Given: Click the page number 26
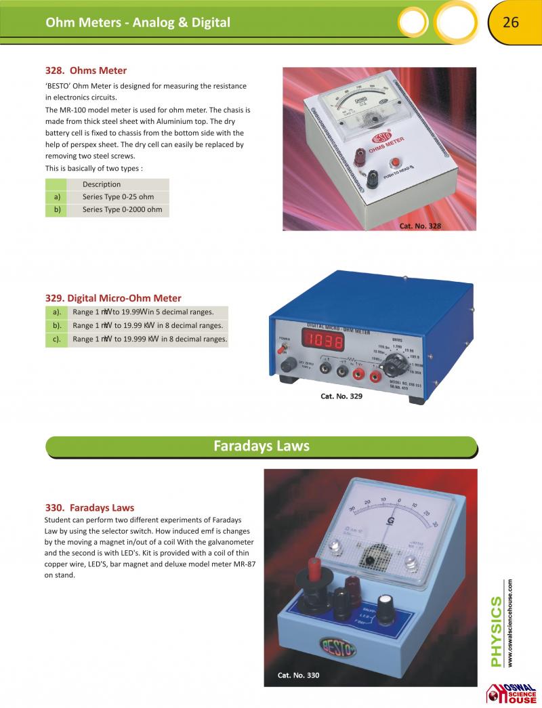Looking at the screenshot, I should [x=510, y=22].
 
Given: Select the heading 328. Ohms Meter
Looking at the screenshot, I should [x=86, y=70].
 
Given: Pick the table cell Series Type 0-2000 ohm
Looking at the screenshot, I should [x=122, y=210].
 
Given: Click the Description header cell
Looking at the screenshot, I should [x=102, y=184].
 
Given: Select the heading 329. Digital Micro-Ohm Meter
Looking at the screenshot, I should [x=113, y=298].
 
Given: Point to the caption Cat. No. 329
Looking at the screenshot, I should [x=341, y=396].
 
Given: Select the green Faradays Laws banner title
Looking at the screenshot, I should [x=262, y=446].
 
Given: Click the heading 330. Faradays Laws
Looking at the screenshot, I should [x=89, y=507].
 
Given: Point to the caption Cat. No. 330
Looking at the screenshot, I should [x=298, y=675].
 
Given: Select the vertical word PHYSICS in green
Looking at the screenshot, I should [x=496, y=631].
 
